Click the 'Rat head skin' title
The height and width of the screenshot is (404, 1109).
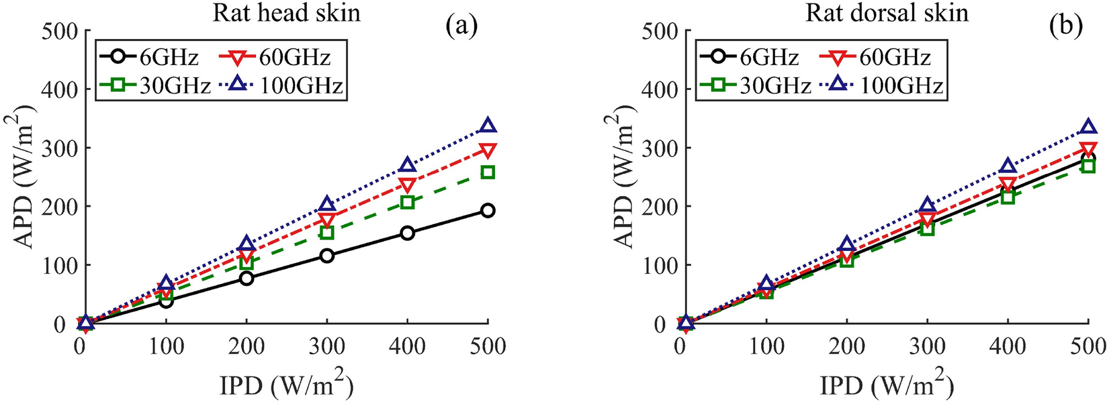tap(287, 13)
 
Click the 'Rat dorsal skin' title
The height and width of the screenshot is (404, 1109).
tap(887, 13)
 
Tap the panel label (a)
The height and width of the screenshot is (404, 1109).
tap(461, 26)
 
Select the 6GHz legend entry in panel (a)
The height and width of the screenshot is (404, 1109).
tap(149, 58)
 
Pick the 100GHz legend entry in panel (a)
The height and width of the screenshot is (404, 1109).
tap(282, 85)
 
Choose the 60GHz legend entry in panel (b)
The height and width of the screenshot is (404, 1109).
tap(875, 58)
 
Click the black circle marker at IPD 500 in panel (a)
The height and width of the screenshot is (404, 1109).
tap(488, 211)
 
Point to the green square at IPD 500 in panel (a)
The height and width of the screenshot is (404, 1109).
tap(488, 172)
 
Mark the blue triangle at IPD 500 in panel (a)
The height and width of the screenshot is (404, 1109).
tap(488, 125)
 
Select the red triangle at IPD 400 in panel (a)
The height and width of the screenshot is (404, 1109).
tap(407, 185)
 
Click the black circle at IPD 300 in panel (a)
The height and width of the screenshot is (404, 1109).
tap(327, 256)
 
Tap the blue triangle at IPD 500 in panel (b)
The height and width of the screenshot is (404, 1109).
tap(1088, 127)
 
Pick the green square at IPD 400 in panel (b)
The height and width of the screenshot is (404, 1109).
tap(1007, 197)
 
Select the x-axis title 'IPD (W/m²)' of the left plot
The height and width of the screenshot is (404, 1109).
tap(287, 386)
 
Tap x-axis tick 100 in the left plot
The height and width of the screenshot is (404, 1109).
tap(166, 347)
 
